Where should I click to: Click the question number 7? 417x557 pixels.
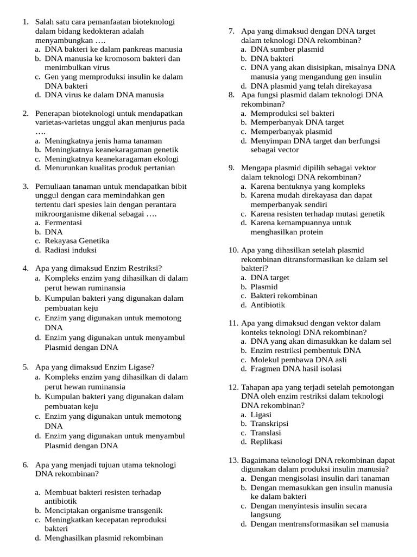[x=231, y=31]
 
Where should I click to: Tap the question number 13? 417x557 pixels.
[x=233, y=460]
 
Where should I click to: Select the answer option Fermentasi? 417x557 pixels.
[x=63, y=222]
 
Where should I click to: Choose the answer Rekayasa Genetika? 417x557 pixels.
[x=77, y=240]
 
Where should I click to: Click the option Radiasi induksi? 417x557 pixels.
[x=71, y=250]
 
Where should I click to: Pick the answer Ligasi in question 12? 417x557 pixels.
[x=261, y=414]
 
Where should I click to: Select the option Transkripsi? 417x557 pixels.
[x=269, y=423]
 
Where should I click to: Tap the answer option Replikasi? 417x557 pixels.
[x=266, y=442]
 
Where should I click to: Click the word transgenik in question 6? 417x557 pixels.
[x=144, y=510]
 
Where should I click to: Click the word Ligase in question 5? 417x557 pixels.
[x=139, y=367]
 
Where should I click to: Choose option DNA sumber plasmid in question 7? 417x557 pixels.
[x=287, y=49]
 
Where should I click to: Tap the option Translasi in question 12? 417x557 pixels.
[x=266, y=432]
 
